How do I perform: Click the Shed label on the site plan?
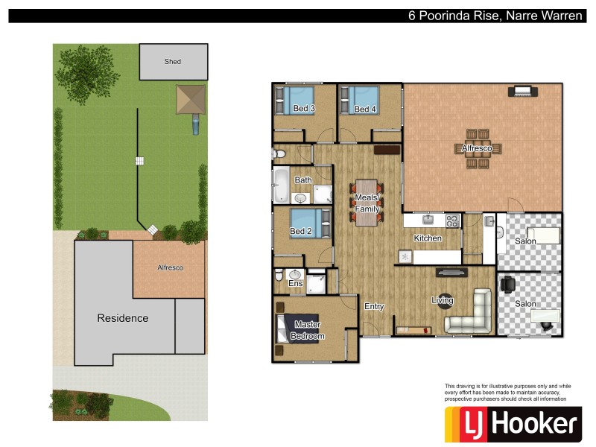click(173, 62)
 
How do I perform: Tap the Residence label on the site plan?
click(123, 318)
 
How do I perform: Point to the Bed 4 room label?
click(365, 110)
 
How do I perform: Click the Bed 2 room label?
click(300, 232)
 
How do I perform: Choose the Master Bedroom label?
click(309, 330)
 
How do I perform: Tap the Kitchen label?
click(428, 238)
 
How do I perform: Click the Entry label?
click(373, 306)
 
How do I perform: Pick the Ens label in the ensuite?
click(295, 284)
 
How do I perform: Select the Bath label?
click(303, 180)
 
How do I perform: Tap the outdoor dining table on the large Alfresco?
click(478, 149)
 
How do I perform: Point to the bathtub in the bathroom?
click(282, 185)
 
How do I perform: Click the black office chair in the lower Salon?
click(508, 285)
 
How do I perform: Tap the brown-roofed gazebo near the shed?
click(190, 99)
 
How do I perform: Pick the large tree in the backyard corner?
click(83, 72)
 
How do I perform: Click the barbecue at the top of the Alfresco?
click(522, 92)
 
